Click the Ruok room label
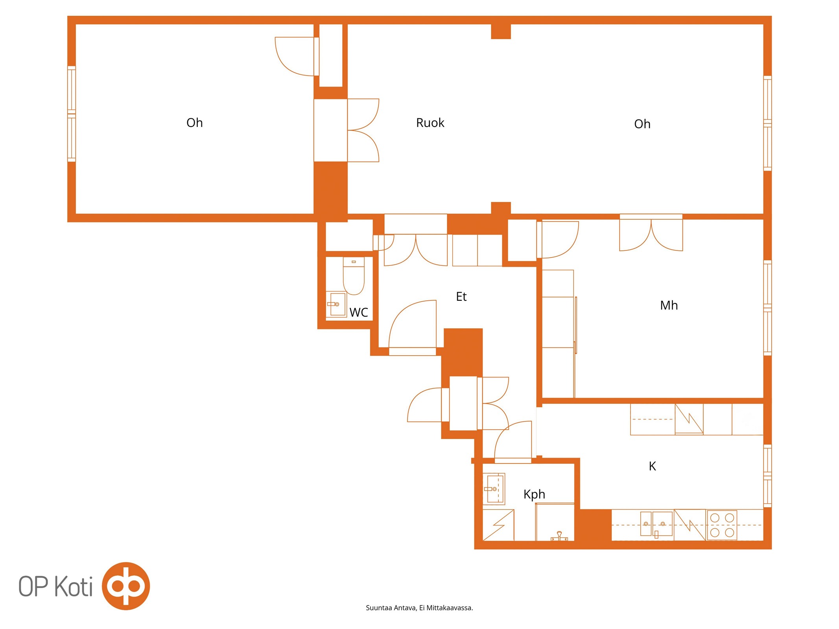[x=430, y=123]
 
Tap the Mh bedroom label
[x=669, y=305]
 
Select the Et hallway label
[x=461, y=296]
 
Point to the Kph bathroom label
[x=534, y=495]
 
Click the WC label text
[x=359, y=313]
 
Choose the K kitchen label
[x=652, y=466]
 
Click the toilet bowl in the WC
[x=354, y=276]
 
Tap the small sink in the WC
[x=337, y=304]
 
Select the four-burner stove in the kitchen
[x=722, y=525]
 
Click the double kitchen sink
[x=656, y=524]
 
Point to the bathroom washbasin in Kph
[x=494, y=489]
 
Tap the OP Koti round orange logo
[x=126, y=586]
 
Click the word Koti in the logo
[x=73, y=586]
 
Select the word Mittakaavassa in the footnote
[x=450, y=608]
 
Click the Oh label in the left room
[x=194, y=123]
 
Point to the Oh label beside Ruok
[x=642, y=124]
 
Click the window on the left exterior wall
[x=72, y=114]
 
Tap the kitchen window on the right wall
[x=767, y=476]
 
